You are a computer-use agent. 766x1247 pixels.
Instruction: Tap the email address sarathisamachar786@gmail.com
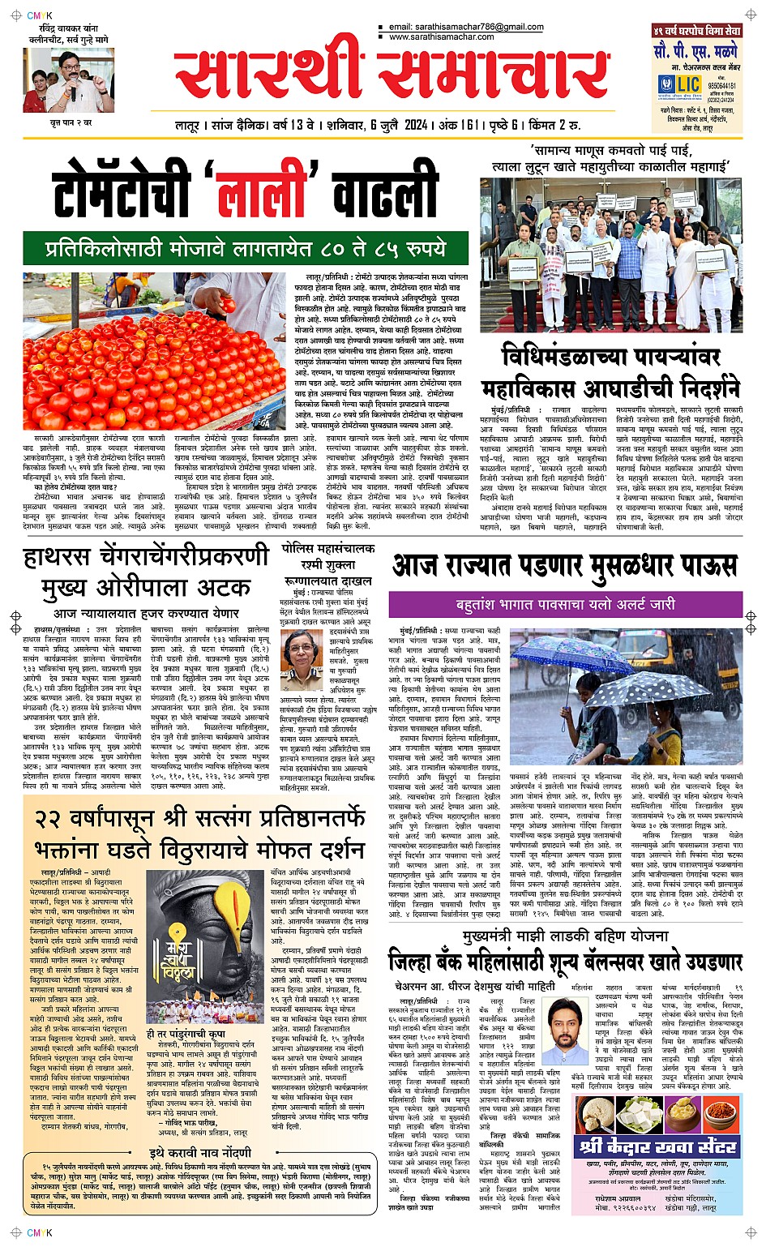(x=466, y=28)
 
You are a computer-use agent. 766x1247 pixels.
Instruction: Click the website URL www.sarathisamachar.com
(x=441, y=37)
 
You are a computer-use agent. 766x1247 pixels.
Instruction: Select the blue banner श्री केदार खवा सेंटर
(x=657, y=1146)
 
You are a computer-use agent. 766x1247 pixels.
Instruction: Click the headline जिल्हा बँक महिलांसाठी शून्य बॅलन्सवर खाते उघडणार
(x=564, y=963)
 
